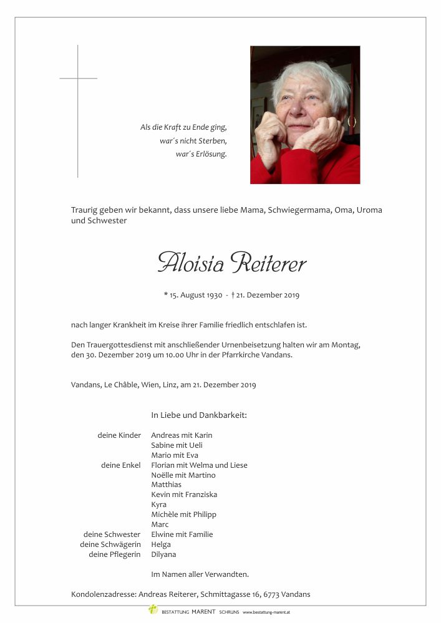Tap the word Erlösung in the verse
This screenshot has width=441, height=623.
(211, 153)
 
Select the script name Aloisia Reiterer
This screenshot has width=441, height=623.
(232, 263)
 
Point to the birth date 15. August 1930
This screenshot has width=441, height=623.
(196, 295)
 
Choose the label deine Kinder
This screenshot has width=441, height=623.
(119, 435)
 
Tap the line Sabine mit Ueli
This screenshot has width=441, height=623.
(177, 445)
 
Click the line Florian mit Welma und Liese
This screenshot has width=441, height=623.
(199, 465)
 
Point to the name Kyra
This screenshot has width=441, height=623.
(158, 505)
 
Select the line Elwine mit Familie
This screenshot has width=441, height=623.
(182, 534)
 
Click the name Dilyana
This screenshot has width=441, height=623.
(163, 554)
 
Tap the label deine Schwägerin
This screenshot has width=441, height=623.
(110, 544)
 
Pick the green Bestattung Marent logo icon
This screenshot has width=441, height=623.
(153, 609)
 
